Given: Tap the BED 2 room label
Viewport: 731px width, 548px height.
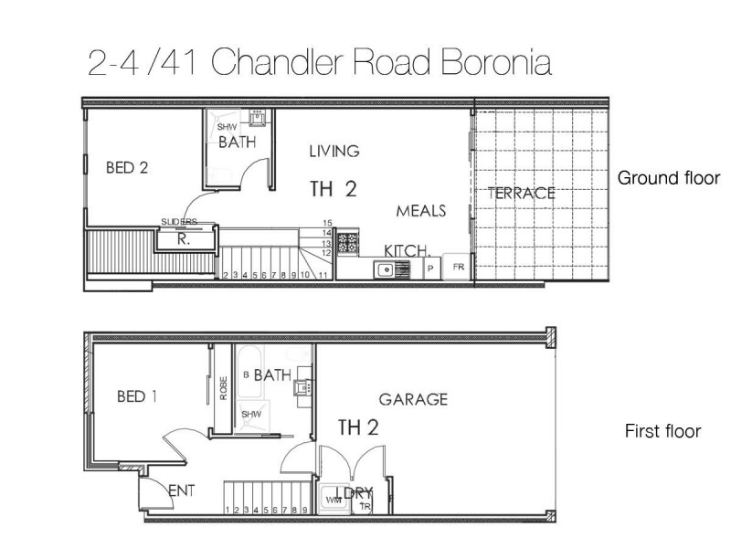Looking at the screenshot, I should pos(127,167).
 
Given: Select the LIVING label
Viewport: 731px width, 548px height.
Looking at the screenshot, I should pos(334,151).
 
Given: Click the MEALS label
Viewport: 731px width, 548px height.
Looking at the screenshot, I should pos(420,211).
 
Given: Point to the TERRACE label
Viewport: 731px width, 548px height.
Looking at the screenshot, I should pos(521,193).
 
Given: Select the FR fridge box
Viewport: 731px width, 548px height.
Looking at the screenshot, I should pos(457,269).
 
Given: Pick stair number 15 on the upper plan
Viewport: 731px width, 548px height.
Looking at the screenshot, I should pos(326,223).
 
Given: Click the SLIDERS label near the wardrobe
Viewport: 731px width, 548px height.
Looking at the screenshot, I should pos(178,222).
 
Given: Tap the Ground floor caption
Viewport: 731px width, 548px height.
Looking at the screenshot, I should pos(669,178).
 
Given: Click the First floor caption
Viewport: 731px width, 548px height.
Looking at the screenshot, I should pos(662,431).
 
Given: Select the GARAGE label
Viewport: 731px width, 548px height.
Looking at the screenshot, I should pos(413,399).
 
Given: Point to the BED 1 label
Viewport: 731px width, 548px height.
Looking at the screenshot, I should pos(138,396).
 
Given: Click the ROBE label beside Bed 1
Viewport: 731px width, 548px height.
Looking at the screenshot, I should pos(222,389).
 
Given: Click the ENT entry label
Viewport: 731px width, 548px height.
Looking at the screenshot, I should pos(184,491).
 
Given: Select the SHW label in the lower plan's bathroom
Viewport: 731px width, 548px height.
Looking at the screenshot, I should pos(251,415).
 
